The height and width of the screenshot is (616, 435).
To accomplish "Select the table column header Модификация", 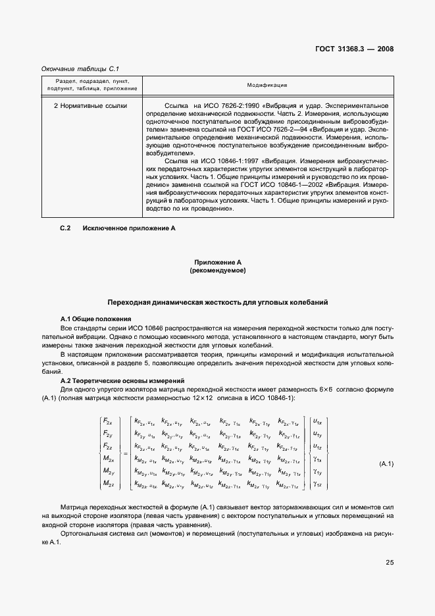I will click(267, 86).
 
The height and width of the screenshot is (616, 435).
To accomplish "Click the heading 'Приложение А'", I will click(217, 262).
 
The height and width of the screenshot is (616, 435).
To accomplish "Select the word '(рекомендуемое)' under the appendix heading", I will click(217, 270).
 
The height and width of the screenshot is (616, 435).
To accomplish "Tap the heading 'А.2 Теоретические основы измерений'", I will click(113, 381).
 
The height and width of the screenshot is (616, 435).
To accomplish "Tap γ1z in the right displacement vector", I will click(317, 484).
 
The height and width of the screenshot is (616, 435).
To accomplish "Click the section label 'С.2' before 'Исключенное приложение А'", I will click(65, 228).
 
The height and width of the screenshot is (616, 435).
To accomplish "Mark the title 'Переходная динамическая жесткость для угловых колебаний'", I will click(217, 302).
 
